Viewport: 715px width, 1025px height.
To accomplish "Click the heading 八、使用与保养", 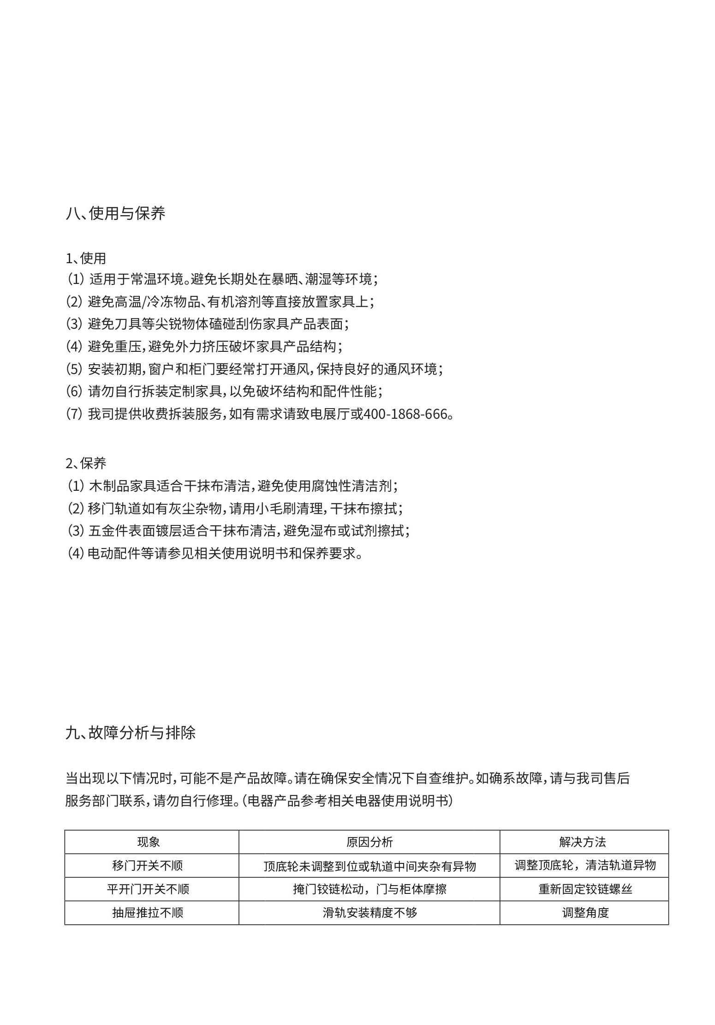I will [115, 213].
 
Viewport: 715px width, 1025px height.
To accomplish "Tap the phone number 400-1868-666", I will [405, 414].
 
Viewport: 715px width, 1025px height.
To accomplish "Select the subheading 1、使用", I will [86, 258].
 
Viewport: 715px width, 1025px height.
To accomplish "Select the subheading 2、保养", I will [86, 463].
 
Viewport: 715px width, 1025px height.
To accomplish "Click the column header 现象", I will [149, 842].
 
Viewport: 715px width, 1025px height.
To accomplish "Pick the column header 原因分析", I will [369, 842].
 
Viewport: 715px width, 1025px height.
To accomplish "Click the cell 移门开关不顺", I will [148, 865].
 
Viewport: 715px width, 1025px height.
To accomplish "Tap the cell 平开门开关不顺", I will [148, 889].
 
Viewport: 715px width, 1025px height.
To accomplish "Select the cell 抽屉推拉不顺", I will [148, 912].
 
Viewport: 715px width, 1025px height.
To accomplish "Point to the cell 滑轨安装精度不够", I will [369, 912].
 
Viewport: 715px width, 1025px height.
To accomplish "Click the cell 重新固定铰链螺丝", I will [585, 889].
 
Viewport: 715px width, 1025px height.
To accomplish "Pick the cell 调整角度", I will [585, 912].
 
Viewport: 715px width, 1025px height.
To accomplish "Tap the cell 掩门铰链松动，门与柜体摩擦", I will [369, 889].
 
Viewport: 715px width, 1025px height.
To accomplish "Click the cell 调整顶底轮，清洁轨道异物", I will [585, 865].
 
